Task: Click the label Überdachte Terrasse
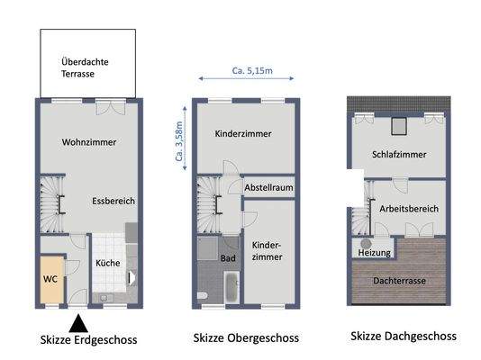(x=86, y=68)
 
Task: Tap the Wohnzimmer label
(x=89, y=142)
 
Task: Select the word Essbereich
(x=113, y=202)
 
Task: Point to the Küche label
(x=108, y=263)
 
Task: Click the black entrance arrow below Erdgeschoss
(x=78, y=321)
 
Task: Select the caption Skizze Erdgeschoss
(x=89, y=339)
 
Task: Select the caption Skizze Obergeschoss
(x=245, y=338)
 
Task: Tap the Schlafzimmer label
(x=399, y=153)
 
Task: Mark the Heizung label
(x=374, y=253)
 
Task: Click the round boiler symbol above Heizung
(x=367, y=242)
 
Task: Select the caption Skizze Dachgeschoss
(x=403, y=336)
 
